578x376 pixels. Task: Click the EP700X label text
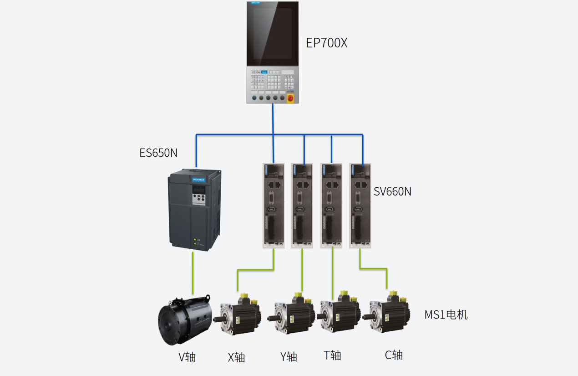[326, 43]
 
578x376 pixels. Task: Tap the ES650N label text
[158, 153]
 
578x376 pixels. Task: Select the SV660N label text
[392, 191]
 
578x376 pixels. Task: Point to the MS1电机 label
[446, 314]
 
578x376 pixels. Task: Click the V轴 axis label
[187, 357]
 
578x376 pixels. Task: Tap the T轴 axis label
[332, 355]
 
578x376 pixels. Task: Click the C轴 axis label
[394, 355]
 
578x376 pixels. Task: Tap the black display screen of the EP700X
[273, 34]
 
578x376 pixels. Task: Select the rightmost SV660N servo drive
[360, 205]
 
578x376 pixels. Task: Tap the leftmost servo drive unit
[274, 205]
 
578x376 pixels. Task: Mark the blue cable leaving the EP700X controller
[273, 118]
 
